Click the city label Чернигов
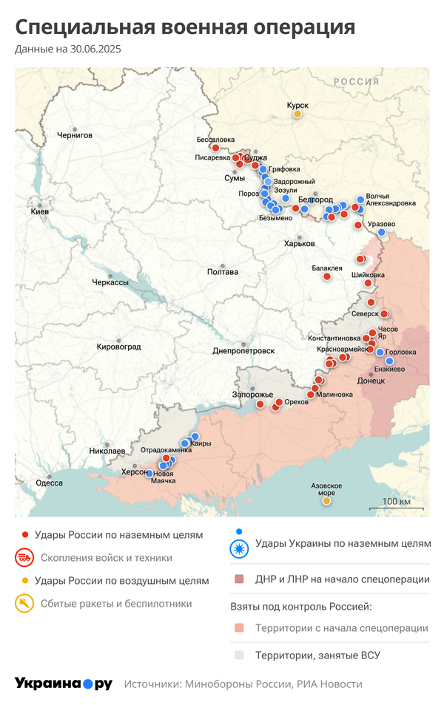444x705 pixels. (75, 135)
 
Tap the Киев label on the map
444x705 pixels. (39, 211)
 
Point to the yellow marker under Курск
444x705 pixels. (297, 114)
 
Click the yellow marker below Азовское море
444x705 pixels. (326, 501)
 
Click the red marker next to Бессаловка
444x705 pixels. (215, 148)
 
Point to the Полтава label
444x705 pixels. (223, 272)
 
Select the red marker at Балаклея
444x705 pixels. (326, 276)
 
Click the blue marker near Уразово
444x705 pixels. (382, 232)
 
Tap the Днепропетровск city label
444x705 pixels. (243, 350)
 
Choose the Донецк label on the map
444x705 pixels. (371, 381)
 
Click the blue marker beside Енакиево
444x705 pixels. (390, 361)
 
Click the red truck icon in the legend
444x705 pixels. (25, 557)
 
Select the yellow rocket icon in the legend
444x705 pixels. (25, 604)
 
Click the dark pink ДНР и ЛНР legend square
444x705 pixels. (238, 579)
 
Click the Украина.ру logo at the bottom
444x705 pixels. (63, 684)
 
